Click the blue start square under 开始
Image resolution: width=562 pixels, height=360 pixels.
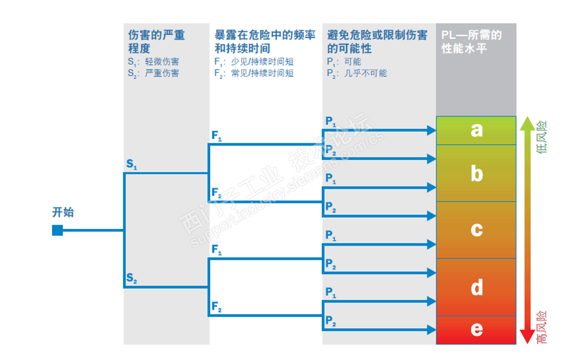(x=57, y=230)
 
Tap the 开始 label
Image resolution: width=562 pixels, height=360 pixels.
(x=63, y=213)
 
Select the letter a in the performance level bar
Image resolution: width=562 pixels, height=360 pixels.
(x=476, y=130)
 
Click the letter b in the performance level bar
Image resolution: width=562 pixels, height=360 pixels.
(x=476, y=173)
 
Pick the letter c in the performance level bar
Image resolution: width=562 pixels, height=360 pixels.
(x=476, y=229)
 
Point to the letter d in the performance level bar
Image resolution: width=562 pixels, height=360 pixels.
(x=476, y=287)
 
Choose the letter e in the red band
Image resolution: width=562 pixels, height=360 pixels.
(x=476, y=329)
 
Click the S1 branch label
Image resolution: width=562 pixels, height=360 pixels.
(x=131, y=165)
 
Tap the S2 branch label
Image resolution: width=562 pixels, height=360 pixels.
(x=131, y=278)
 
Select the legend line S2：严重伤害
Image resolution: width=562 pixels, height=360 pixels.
(x=153, y=73)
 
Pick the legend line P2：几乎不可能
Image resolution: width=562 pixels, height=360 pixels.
(x=357, y=73)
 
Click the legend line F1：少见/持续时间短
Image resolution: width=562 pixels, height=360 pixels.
(x=254, y=62)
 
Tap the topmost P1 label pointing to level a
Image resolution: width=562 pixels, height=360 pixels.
(x=331, y=121)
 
